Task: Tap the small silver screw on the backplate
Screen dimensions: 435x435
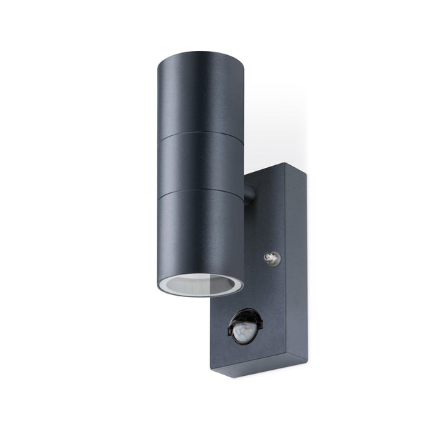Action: click(272, 258)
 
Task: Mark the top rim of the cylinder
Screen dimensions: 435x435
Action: click(201, 56)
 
